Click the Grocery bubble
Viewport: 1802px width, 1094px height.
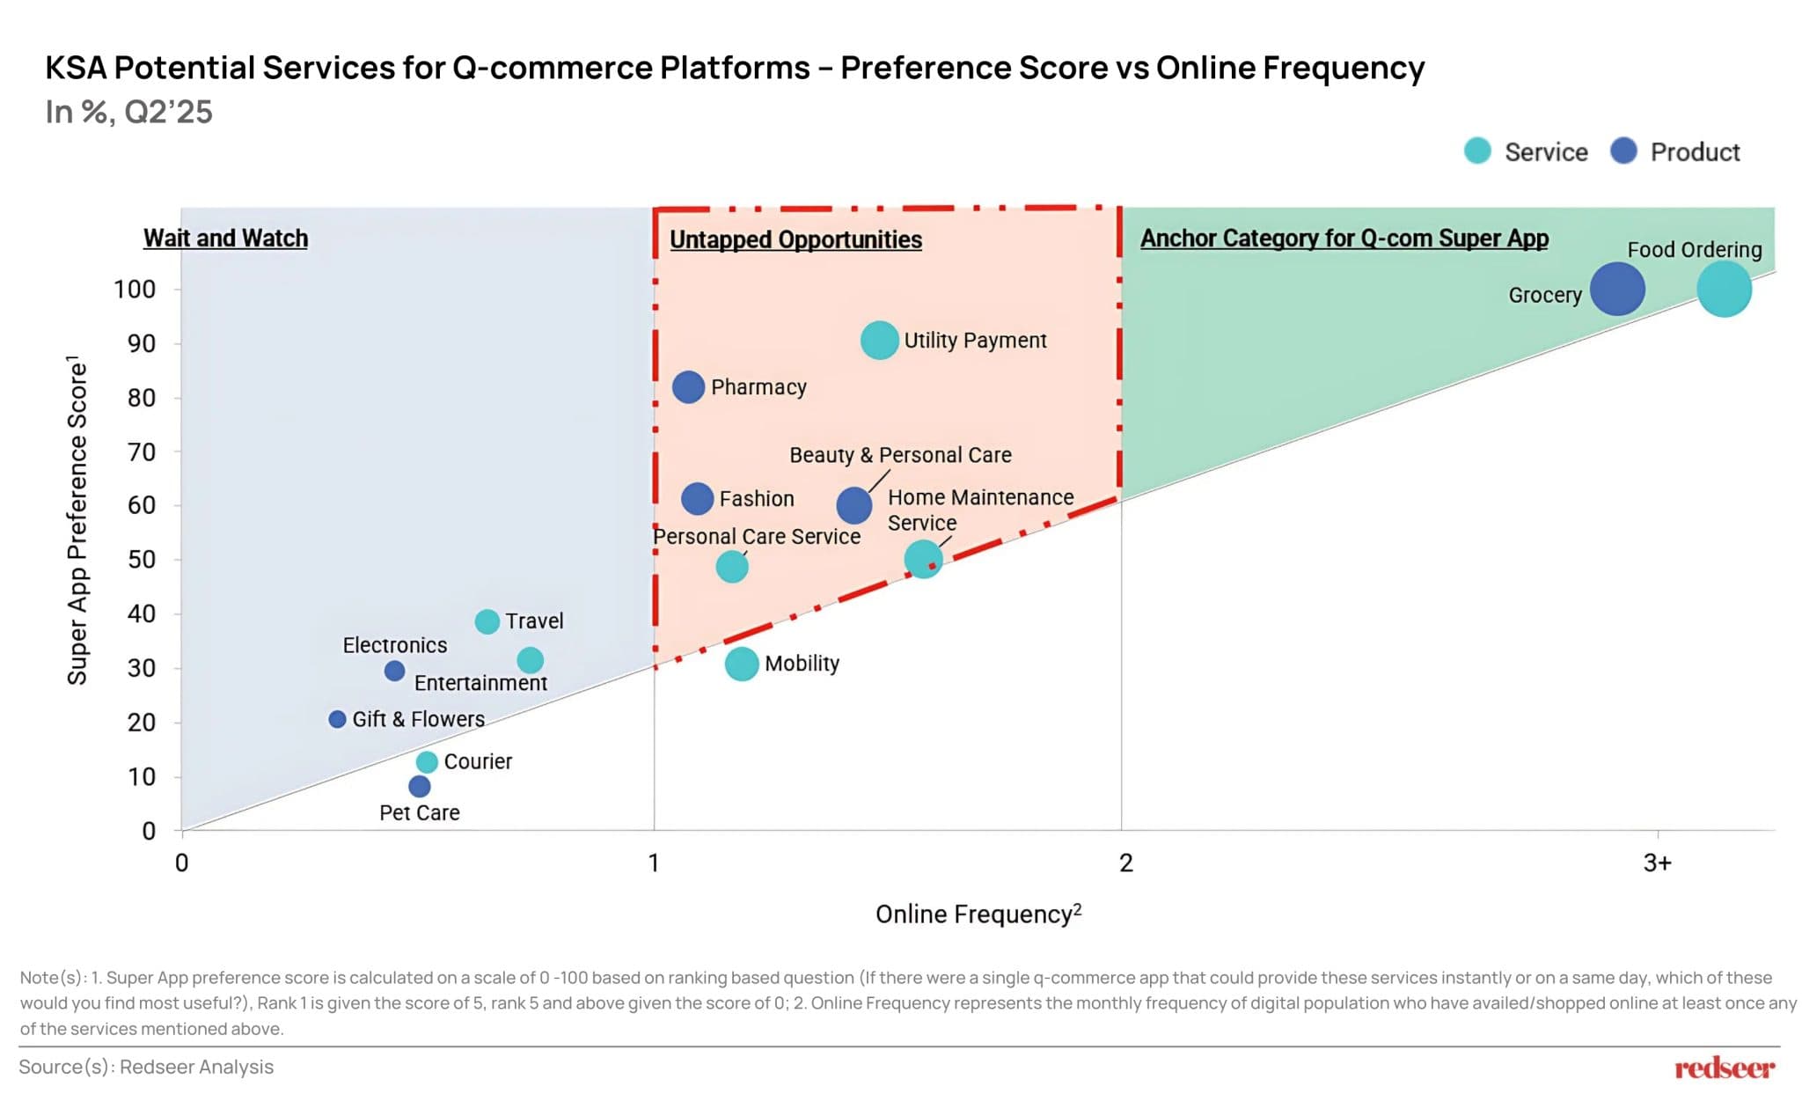tap(1616, 289)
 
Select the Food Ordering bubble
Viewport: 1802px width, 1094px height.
tap(1723, 289)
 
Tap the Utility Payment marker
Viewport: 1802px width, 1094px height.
tap(879, 340)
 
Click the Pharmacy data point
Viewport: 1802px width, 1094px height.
tap(688, 386)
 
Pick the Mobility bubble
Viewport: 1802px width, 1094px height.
tap(742, 664)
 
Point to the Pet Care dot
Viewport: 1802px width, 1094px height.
tap(420, 786)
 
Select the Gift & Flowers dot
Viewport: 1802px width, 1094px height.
tap(337, 719)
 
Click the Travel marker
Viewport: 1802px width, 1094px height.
tap(487, 621)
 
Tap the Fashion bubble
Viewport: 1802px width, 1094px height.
tap(697, 499)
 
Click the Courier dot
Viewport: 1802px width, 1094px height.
tap(427, 761)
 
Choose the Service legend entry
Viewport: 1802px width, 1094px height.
tap(1527, 151)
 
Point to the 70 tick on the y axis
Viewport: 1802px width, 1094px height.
tap(141, 452)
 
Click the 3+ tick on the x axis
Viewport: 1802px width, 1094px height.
tap(1657, 863)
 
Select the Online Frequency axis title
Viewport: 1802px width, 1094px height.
tap(978, 914)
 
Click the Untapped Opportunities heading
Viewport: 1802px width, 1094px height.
tap(795, 239)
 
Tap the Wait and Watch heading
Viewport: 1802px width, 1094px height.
tap(225, 239)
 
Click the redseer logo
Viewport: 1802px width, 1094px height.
tap(1724, 1068)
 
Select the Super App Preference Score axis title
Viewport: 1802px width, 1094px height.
tap(77, 519)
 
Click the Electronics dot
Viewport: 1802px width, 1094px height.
tap(394, 671)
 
